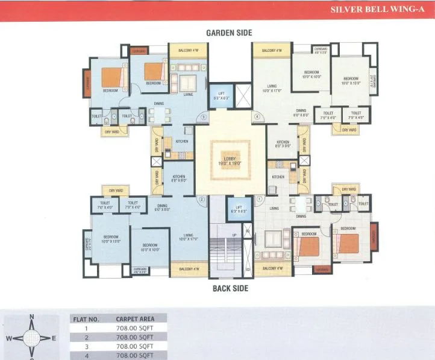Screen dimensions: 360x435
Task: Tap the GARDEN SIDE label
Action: pyautogui.click(x=229, y=33)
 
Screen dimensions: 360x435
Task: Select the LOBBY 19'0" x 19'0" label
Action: pyautogui.click(x=232, y=161)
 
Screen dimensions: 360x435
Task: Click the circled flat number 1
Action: pyautogui.click(x=259, y=199)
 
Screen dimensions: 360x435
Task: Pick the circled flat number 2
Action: pyautogui.click(x=202, y=199)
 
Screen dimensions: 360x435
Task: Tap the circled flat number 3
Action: pyautogui.click(x=204, y=116)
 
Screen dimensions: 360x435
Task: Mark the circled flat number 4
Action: pyautogui.click(x=257, y=116)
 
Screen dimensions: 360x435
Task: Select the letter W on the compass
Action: pyautogui.click(x=9, y=338)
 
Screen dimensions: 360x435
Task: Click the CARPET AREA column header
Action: pyautogui.click(x=134, y=319)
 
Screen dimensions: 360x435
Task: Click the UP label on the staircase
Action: pyautogui.click(x=234, y=234)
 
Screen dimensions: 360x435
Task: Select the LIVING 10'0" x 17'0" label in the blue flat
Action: pyautogui.click(x=188, y=236)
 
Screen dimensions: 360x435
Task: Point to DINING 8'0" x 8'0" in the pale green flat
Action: pyautogui.click(x=301, y=113)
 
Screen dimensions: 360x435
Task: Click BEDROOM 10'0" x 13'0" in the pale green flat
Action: pyautogui.click(x=351, y=80)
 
